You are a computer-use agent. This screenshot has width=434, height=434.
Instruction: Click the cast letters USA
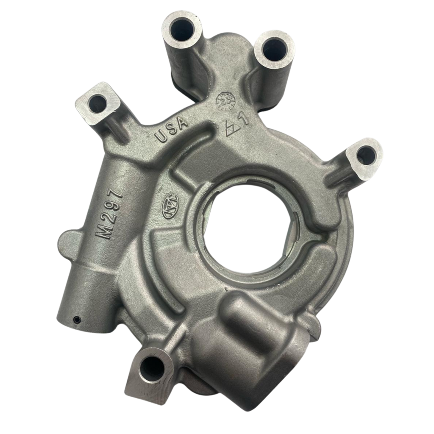[172, 130]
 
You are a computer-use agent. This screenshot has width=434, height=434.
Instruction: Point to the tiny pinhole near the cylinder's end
[76, 318]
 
